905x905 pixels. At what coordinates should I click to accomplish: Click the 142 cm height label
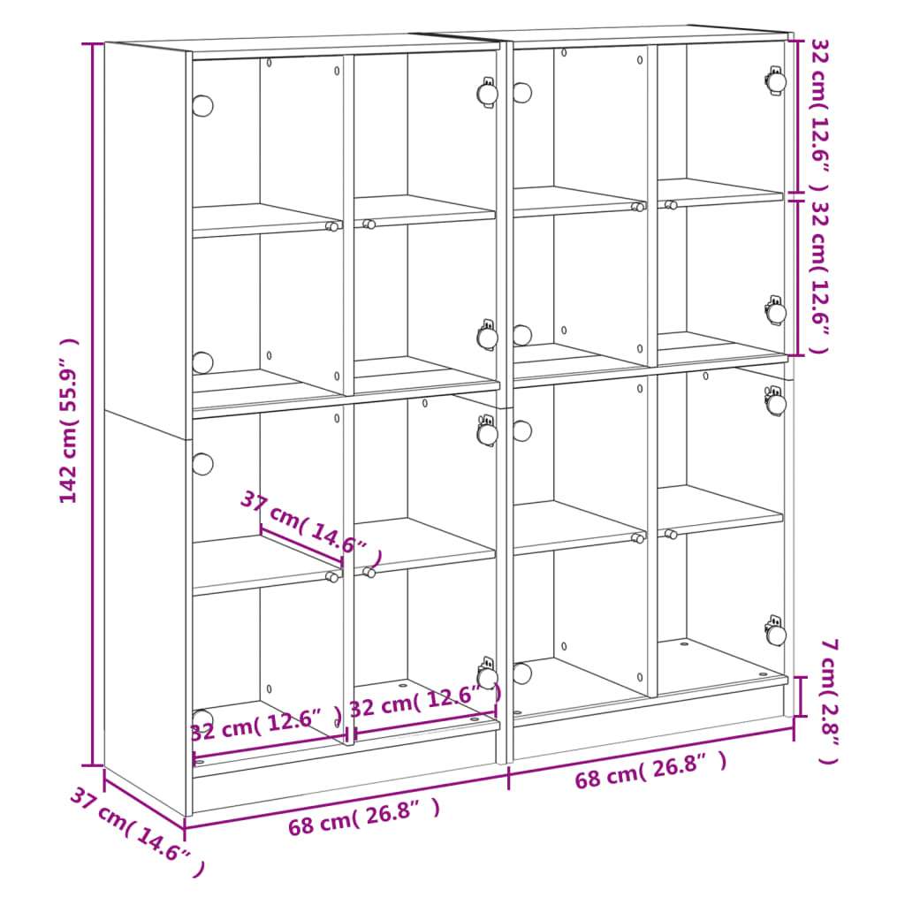(68, 421)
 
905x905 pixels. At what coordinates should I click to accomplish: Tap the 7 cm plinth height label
(829, 701)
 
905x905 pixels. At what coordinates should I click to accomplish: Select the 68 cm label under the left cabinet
(364, 816)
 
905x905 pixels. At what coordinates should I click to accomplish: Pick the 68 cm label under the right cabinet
(650, 770)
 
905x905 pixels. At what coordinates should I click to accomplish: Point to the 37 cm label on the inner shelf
(311, 528)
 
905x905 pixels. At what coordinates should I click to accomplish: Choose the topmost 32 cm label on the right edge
(820, 114)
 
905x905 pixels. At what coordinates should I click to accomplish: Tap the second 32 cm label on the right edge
(820, 277)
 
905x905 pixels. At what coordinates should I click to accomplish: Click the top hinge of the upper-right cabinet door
(776, 80)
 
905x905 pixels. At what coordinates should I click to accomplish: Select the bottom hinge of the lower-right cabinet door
(776, 632)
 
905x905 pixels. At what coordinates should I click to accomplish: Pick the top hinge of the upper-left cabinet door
(488, 92)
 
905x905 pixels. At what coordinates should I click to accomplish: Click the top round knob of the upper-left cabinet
(202, 106)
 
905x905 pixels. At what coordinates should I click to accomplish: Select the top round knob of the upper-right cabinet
(521, 92)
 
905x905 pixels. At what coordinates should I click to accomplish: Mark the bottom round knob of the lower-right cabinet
(521, 673)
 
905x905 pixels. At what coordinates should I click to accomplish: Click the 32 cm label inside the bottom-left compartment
(266, 726)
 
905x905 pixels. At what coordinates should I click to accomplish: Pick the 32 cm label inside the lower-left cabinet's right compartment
(425, 701)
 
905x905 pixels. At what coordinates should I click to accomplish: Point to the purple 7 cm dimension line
(801, 696)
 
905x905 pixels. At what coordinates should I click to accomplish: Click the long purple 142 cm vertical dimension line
(92, 404)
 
